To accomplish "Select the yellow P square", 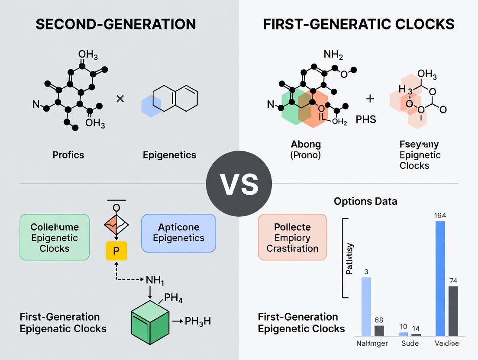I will [x=116, y=251].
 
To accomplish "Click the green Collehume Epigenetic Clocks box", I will [x=55, y=237].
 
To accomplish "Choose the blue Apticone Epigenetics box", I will [x=178, y=233].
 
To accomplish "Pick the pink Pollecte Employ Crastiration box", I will [x=292, y=237].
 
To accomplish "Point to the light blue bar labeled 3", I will [x=366, y=306].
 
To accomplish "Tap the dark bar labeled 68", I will [x=379, y=331].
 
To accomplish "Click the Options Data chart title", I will [x=365, y=201].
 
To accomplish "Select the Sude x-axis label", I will [x=410, y=344].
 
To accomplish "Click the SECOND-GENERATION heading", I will [x=116, y=24].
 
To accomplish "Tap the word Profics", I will [x=68, y=154].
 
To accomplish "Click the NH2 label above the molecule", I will [x=334, y=55].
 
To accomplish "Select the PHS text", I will [x=366, y=119].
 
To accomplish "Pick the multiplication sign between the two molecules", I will [x=120, y=99].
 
